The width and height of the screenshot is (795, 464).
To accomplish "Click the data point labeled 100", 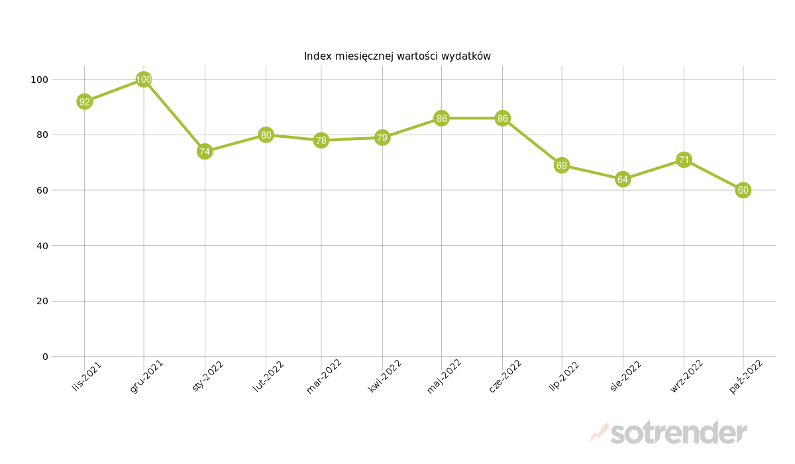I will pos(144,80).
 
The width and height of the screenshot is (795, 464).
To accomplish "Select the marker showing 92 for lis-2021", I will pos(84,101).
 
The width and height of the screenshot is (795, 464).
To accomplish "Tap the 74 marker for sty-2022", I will pos(205,152).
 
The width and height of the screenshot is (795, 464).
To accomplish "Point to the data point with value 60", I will pos(743,190).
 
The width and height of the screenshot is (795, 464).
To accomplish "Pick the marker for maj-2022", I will pos(441,119).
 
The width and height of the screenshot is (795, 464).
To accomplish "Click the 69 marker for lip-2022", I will pos(562,165).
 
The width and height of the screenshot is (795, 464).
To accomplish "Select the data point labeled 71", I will pos(684,160).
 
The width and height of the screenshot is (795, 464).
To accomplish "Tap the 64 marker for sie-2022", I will pos(623,180).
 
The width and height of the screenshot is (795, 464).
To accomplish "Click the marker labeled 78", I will pos(321,141).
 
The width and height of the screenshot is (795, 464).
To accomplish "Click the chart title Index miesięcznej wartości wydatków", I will pos(397,56).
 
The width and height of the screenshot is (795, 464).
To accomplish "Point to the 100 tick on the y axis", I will pos(40,80).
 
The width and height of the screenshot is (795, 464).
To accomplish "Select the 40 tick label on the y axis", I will pos(42,246).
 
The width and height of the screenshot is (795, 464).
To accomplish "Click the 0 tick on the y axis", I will pos(45,357).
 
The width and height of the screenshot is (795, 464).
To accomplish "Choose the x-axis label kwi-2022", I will pos(385,376).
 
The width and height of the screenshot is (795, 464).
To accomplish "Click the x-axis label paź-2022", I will pos(746,376).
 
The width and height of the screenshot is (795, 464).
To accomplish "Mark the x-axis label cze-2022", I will pos(505,376).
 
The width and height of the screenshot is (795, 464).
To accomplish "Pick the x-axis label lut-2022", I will pos(268,376).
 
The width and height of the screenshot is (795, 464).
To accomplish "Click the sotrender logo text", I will pos(678,433).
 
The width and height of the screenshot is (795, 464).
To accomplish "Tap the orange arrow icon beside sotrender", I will pos(598,433).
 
